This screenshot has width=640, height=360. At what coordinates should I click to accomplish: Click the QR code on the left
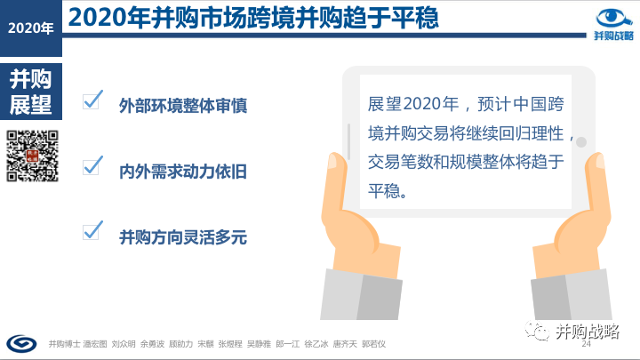[32, 156]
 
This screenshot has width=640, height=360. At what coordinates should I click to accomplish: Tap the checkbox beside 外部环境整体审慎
[92, 100]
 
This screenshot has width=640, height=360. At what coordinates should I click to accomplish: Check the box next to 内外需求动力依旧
[92, 166]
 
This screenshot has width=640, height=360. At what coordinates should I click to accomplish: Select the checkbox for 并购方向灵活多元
[92, 231]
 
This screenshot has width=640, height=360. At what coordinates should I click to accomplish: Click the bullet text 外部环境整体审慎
[183, 106]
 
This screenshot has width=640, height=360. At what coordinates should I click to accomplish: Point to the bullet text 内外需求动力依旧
[183, 172]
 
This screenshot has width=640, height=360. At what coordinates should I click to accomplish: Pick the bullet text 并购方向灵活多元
[183, 237]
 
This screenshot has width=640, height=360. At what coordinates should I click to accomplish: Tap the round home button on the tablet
[581, 142]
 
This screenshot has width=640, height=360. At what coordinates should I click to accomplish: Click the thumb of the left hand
[337, 180]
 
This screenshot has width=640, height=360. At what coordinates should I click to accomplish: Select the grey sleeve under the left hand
[361, 295]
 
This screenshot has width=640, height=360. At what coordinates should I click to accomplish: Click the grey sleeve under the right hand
[572, 295]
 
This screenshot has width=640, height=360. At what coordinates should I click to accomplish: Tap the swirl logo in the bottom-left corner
[21, 344]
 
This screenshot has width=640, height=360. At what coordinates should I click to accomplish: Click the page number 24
[586, 344]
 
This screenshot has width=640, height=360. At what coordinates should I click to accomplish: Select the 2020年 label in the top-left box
[30, 28]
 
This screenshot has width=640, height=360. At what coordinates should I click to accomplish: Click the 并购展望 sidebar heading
[30, 92]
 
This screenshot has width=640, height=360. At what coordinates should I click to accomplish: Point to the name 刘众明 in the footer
[124, 344]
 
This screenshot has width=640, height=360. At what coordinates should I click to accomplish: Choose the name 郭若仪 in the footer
[373, 344]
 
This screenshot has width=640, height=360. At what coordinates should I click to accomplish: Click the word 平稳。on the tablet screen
[388, 191]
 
